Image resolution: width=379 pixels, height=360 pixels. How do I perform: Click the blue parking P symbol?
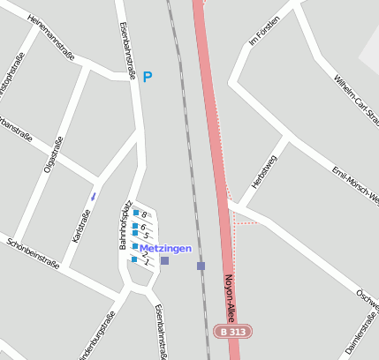click(148, 78)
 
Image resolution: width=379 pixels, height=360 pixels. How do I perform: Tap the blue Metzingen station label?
click(165, 249)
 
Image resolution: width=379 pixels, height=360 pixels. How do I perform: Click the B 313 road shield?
click(233, 332)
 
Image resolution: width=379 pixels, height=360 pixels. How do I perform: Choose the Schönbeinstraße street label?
click(32, 252)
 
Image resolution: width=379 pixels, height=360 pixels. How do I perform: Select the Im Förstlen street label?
click(265, 30)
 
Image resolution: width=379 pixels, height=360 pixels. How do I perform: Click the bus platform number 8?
click(144, 214)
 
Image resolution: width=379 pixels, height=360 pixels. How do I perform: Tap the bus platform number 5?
click(146, 236)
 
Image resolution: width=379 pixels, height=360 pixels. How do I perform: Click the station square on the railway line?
click(201, 266)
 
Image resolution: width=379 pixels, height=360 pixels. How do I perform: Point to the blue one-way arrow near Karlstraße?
click(94, 195)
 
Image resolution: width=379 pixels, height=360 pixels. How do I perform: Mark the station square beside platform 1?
click(164, 260)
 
